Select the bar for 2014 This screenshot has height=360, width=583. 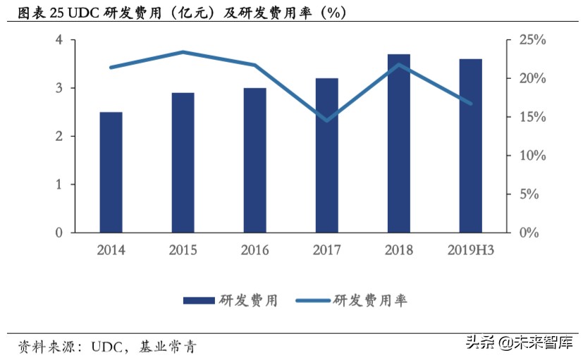pos(111,172)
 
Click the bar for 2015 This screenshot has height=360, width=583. pos(183,162)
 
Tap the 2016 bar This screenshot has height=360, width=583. pos(254,160)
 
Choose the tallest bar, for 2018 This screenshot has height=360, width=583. pos(398,143)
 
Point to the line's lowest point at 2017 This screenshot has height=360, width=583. pos(326,120)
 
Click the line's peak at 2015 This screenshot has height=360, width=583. pos(183,52)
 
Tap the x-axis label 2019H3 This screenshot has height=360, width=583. pos(470,250)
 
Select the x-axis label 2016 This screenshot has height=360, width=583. pos(254,250)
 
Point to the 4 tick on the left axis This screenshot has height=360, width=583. pos(59,40)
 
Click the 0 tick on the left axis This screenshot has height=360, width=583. pos(59,232)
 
